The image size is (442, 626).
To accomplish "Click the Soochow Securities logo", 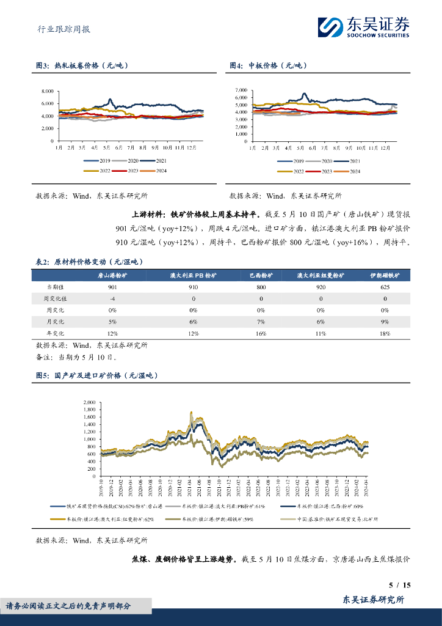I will pyautogui.click(x=363, y=26).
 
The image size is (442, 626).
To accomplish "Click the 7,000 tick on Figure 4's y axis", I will pyautogui.click(x=241, y=90).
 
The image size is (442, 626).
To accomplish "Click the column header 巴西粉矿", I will pyautogui.click(x=261, y=276).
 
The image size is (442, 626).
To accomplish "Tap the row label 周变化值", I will pyautogui.click(x=60, y=298).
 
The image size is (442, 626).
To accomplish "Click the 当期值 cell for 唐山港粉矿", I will pyautogui.click(x=112, y=287).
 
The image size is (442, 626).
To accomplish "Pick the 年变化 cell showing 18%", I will pyautogui.click(x=385, y=333).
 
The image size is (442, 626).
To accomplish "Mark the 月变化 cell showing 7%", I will pyautogui.click(x=261, y=322).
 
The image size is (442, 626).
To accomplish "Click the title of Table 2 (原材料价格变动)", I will pyautogui.click(x=89, y=261).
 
